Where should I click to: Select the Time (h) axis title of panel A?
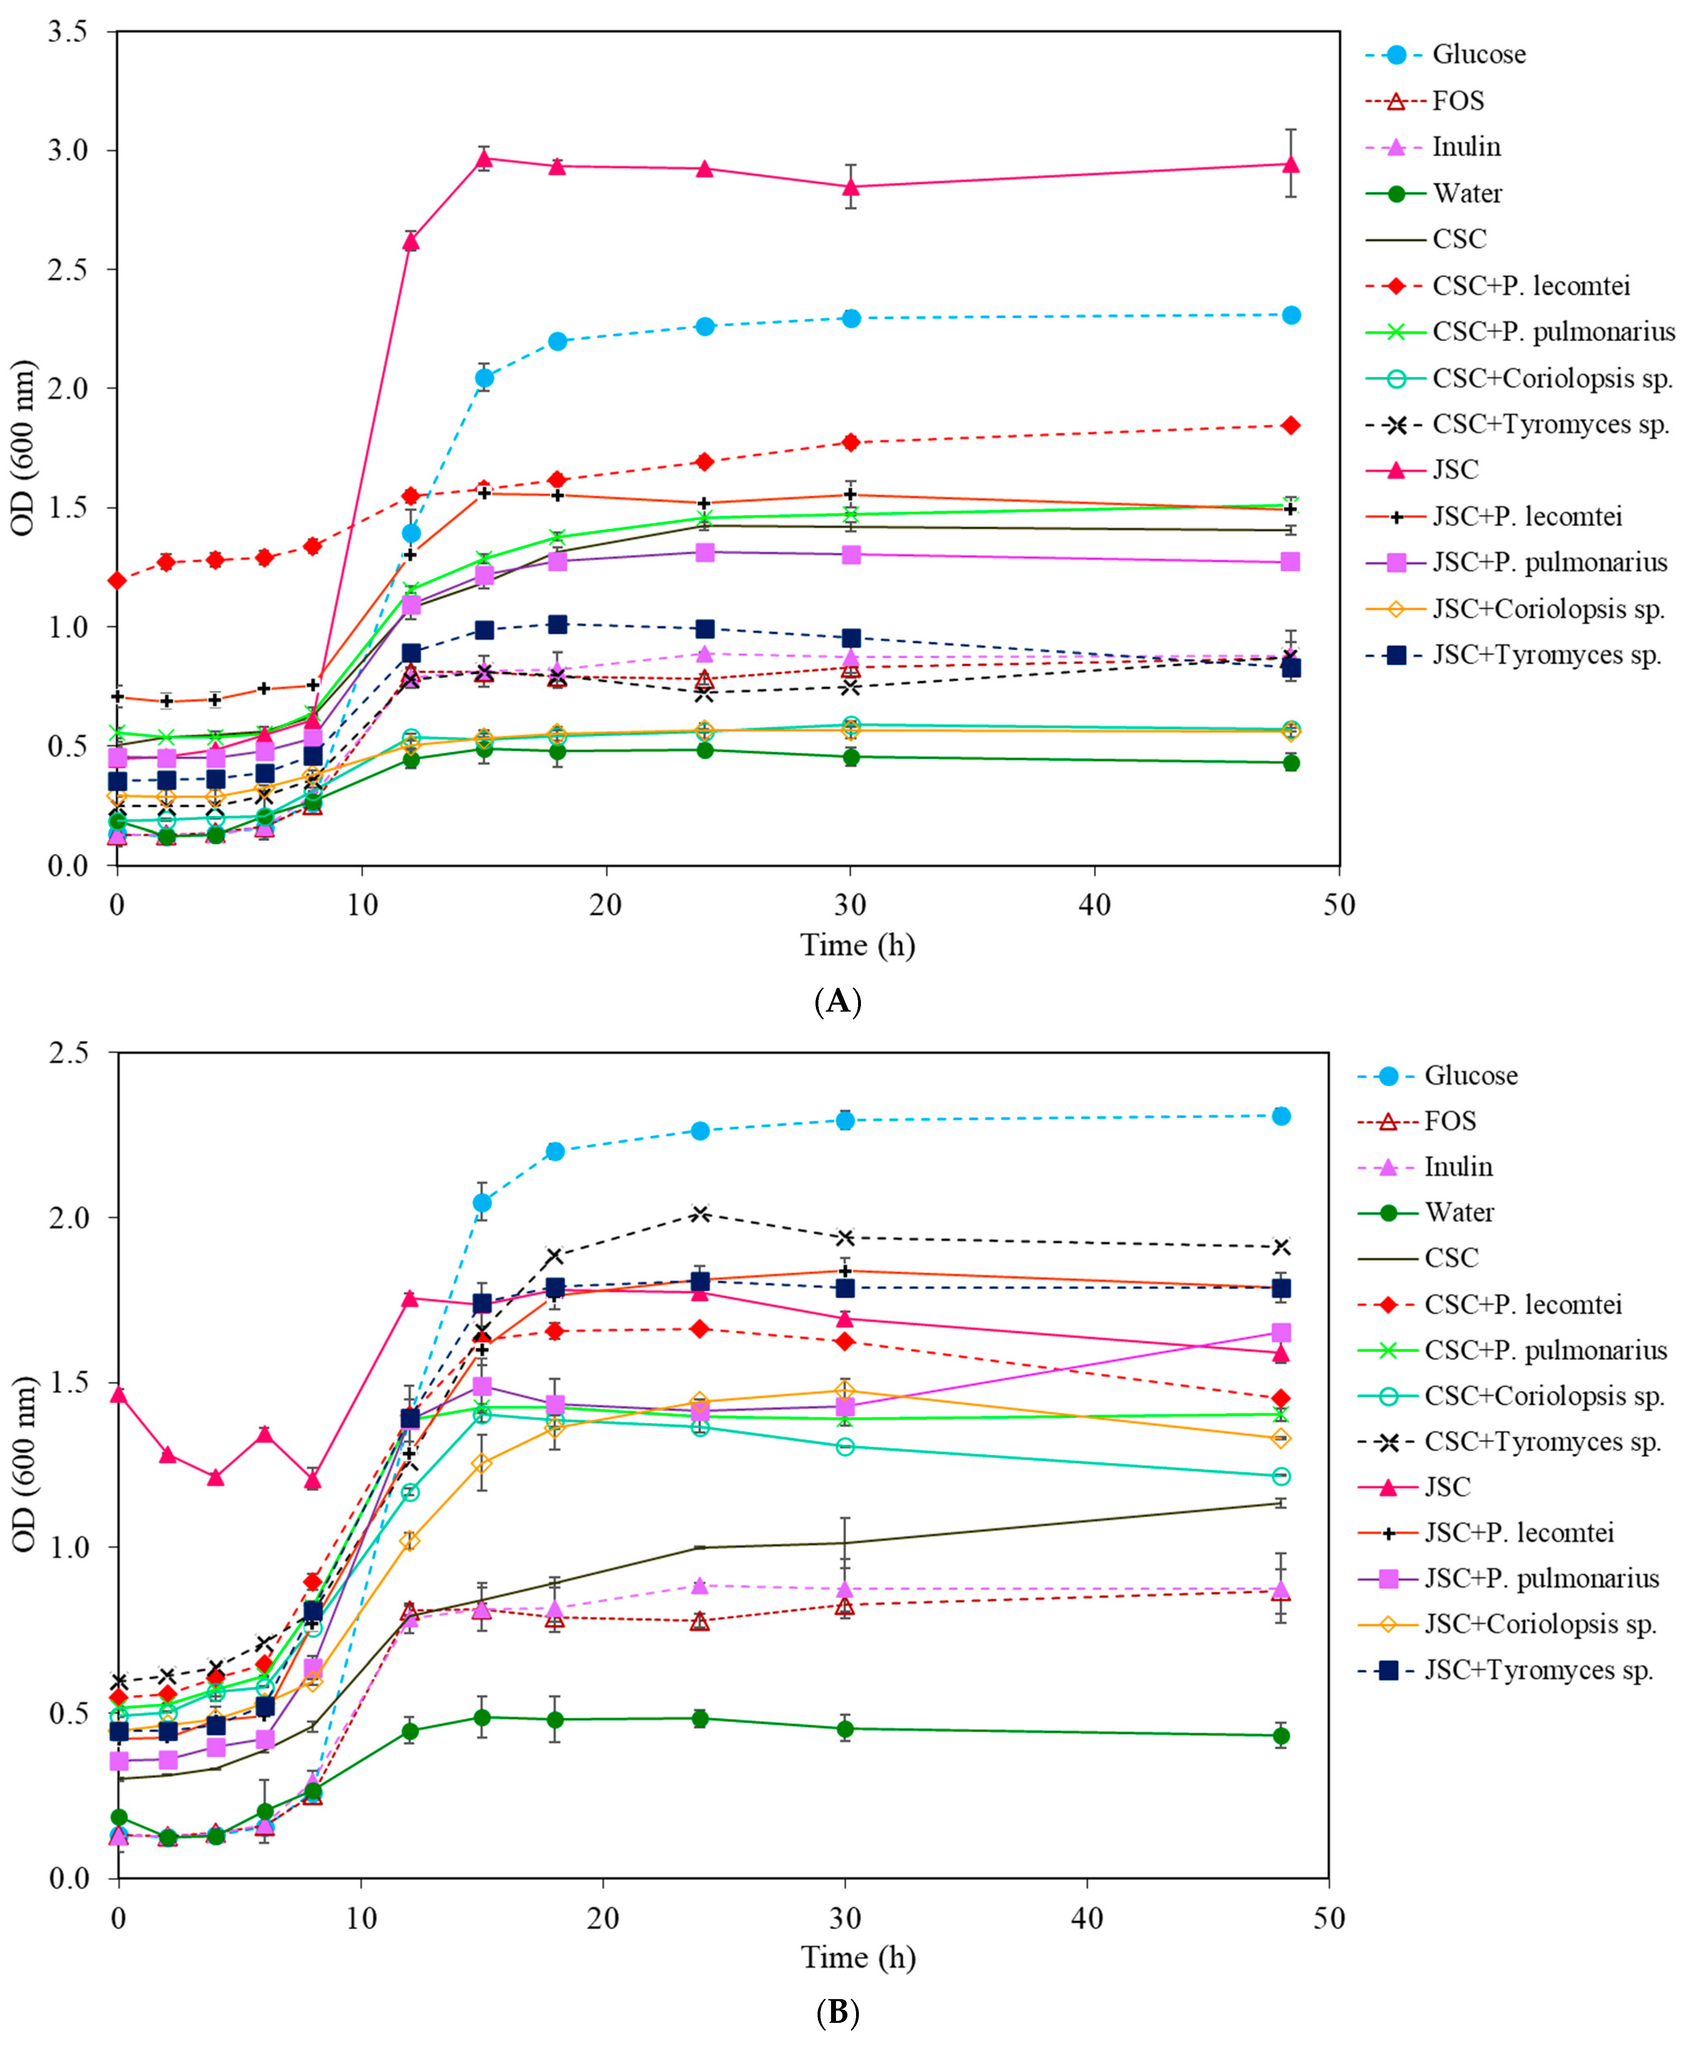pyautogui.click(x=858, y=944)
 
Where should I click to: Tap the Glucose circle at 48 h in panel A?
pyautogui.click(x=1290, y=315)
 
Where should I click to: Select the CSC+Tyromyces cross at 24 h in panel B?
pyautogui.click(x=700, y=1213)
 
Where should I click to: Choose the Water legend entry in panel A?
pyautogui.click(x=1467, y=193)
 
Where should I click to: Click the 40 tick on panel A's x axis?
pyautogui.click(x=1095, y=906)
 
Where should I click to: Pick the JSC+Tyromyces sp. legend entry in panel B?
pyautogui.click(x=1538, y=1671)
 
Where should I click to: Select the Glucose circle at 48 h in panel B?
pyautogui.click(x=1282, y=1116)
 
